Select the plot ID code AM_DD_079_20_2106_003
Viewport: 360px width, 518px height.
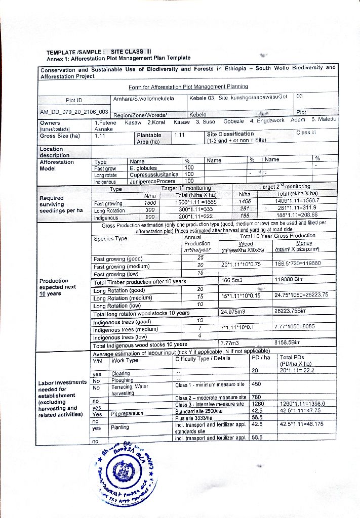pos(74,112)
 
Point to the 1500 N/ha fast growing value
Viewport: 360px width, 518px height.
pos(149,202)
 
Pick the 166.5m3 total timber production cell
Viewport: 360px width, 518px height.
pos(232,280)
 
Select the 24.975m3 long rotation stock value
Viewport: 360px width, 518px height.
pos(233,312)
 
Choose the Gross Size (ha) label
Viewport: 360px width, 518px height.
pos(60,136)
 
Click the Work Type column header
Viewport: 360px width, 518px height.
pos(125,361)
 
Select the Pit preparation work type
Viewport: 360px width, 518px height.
pos(127,413)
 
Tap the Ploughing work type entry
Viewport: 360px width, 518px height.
pos(123,380)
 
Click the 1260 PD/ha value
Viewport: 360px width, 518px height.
pos(258,404)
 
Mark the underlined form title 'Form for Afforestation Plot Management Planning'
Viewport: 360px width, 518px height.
pos(188,87)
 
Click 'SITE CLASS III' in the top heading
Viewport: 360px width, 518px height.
pos(131,52)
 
